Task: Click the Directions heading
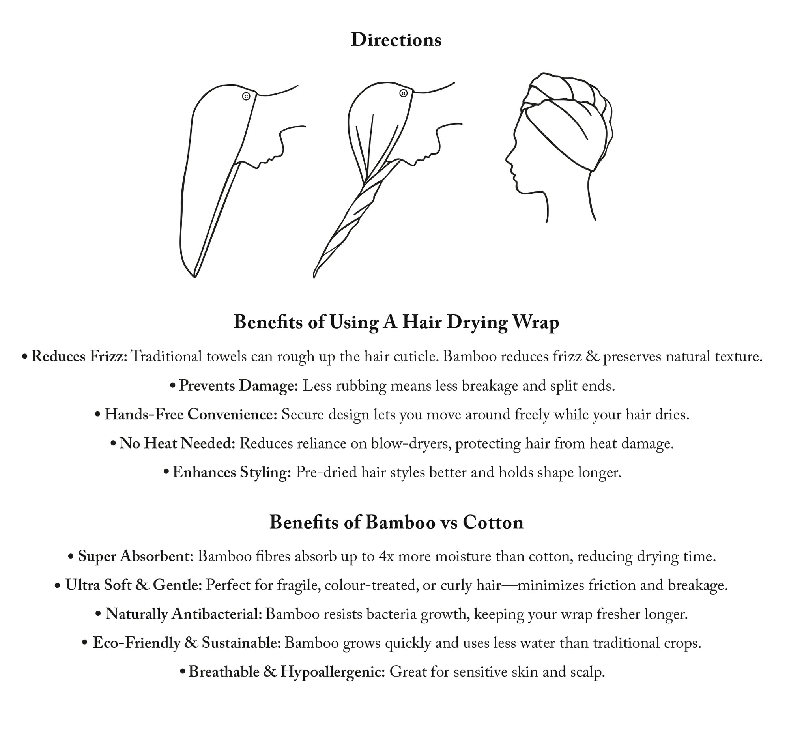click(x=396, y=40)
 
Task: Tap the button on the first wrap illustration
click(x=246, y=96)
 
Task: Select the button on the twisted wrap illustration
click(x=404, y=93)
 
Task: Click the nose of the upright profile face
click(x=507, y=159)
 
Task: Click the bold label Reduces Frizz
click(x=79, y=357)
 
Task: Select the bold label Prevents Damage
click(x=238, y=385)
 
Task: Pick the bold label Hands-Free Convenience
click(x=191, y=415)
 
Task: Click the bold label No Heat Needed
click(x=177, y=443)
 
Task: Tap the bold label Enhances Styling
click(x=232, y=472)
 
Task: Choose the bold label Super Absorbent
click(x=133, y=557)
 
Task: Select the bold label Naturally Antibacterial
click(x=183, y=614)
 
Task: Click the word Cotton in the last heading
click(x=493, y=523)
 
